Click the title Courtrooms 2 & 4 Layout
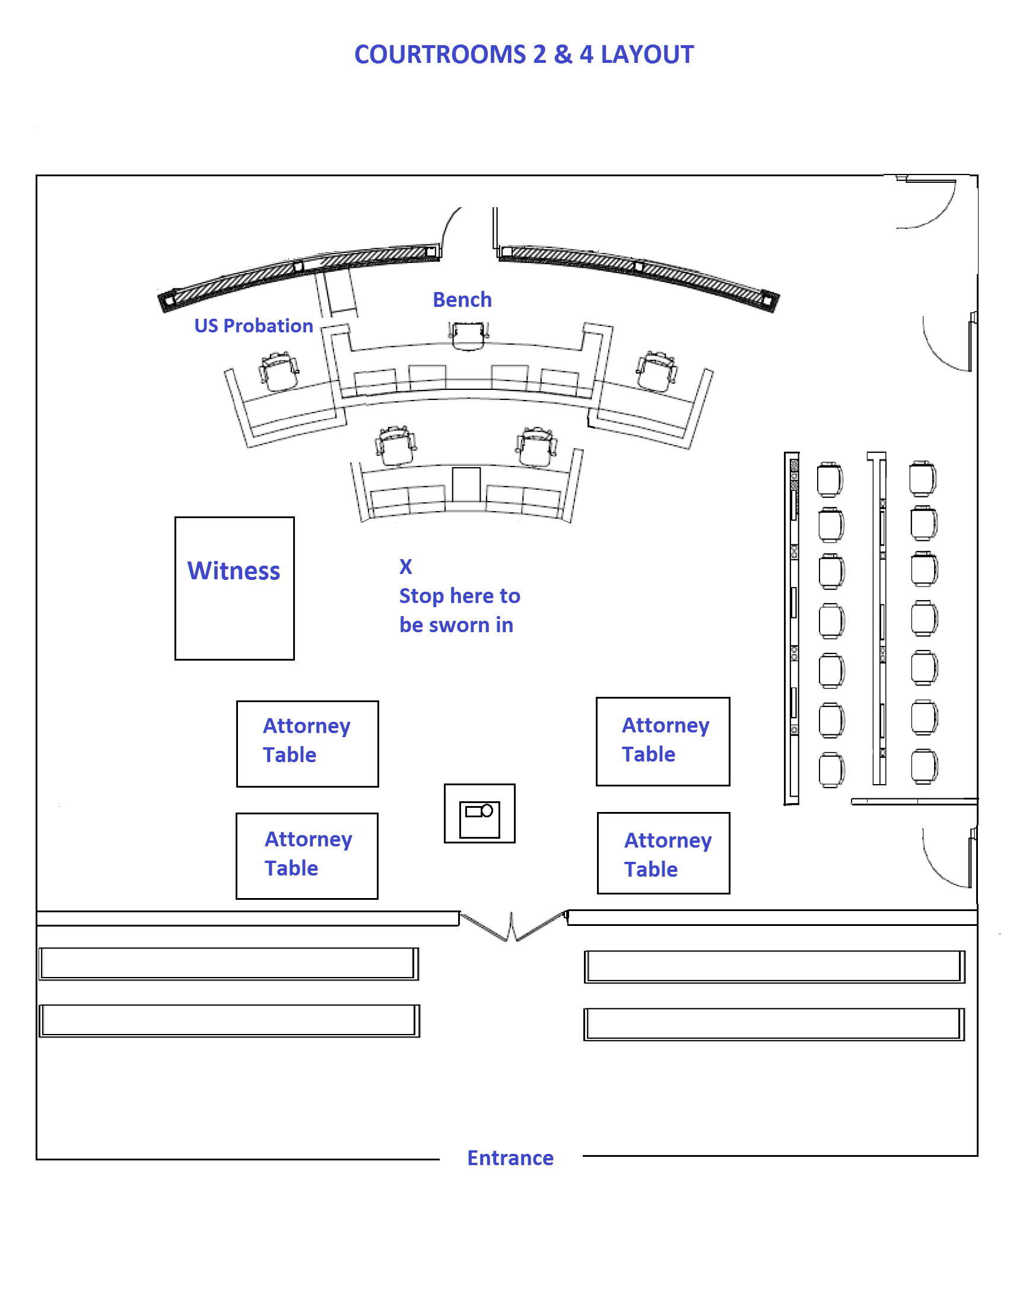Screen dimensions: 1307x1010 click(523, 55)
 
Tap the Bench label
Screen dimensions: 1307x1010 click(462, 299)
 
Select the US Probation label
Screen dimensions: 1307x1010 click(254, 325)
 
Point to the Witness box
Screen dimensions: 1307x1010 click(234, 588)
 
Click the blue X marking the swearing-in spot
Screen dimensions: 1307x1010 click(406, 566)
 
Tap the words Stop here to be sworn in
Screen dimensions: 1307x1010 click(459, 610)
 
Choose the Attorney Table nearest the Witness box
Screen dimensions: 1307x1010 click(307, 743)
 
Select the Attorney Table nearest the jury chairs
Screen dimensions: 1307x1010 click(662, 741)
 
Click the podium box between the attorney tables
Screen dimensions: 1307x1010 click(479, 813)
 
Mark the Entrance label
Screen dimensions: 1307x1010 click(510, 1158)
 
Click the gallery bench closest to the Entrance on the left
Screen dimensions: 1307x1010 click(229, 1020)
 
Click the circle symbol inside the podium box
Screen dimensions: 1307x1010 click(487, 810)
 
